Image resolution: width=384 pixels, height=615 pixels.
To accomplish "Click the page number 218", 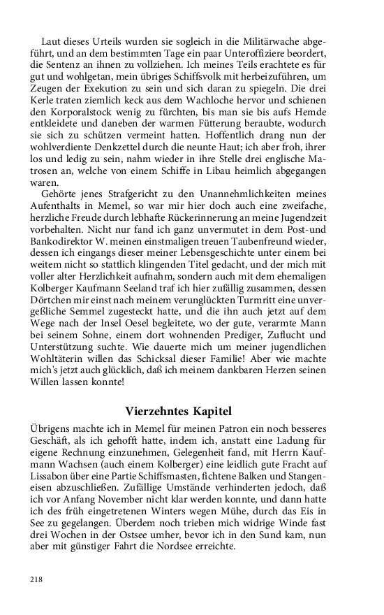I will pyautogui.click(x=36, y=579).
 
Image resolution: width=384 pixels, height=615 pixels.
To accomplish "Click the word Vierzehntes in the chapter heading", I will pyautogui.click(x=161, y=410).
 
